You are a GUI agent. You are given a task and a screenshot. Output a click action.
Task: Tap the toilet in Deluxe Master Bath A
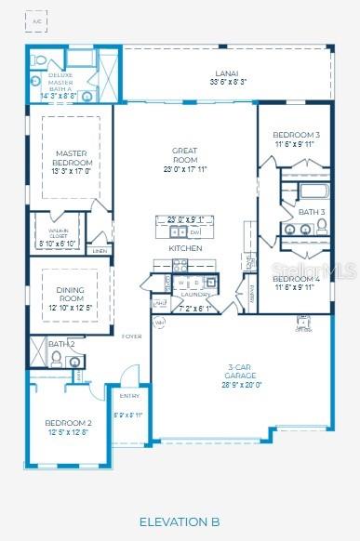40,59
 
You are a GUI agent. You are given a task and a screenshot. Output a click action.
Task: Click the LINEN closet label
100,251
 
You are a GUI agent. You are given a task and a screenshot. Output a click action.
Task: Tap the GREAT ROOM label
184,154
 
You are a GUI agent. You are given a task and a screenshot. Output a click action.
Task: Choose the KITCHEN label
184,249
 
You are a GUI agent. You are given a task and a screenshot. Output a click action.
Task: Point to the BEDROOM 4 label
297,279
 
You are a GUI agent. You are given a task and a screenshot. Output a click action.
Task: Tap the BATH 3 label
312,212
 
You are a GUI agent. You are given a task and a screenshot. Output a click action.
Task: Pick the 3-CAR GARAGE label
246,369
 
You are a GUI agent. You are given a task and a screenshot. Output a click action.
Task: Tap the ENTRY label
127,396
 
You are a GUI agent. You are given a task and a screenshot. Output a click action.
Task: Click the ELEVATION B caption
180,521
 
